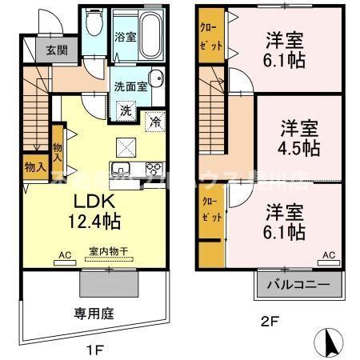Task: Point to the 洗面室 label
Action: [x=128, y=86]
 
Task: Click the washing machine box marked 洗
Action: [x=126, y=111]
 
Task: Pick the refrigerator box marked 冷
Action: [x=154, y=123]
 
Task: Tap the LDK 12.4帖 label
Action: [x=98, y=210]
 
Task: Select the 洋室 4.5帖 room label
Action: [x=299, y=138]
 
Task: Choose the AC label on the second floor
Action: [x=328, y=255]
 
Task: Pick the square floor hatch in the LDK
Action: [x=126, y=146]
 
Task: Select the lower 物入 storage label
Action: [x=34, y=167]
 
